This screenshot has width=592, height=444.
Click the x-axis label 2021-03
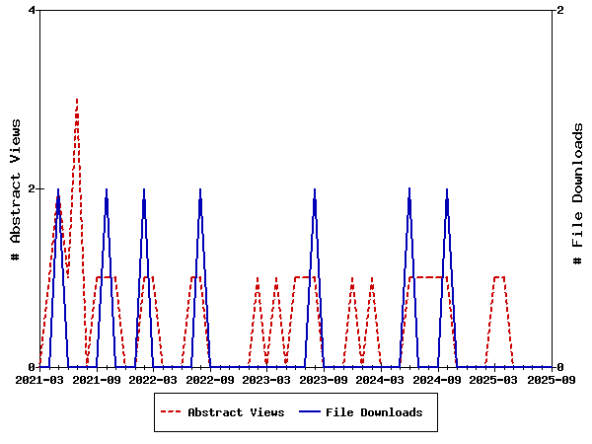(40, 380)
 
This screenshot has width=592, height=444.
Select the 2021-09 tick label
(97, 380)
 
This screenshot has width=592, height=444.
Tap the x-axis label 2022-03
(154, 380)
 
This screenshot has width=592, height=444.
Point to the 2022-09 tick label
(210, 380)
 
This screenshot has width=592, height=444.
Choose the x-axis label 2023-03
(267, 380)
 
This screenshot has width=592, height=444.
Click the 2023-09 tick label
(324, 380)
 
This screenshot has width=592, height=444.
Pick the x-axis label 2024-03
(381, 380)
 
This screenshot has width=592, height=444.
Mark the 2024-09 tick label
(437, 380)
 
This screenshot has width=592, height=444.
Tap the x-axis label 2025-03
(494, 380)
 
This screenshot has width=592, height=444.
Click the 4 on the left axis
(33, 11)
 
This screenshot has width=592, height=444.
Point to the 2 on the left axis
(33, 188)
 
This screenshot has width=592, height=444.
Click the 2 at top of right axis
(560, 11)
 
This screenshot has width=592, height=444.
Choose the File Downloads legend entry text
(374, 412)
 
